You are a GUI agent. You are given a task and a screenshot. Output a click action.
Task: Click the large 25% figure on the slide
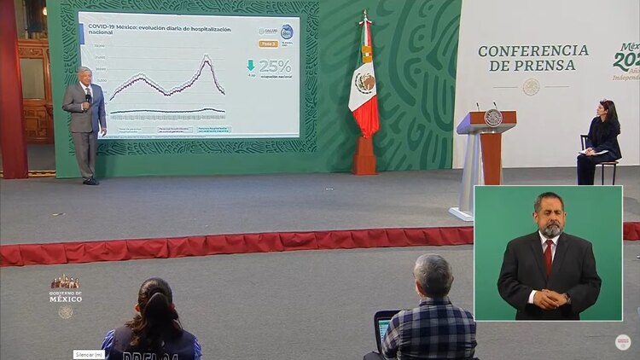pyautogui.click(x=275, y=66)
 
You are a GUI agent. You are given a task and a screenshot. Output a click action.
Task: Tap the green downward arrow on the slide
pyautogui.click(x=250, y=65)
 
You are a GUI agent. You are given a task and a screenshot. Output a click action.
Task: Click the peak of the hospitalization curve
pyautogui.click(x=207, y=57)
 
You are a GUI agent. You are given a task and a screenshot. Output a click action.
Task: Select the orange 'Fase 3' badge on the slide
pyautogui.click(x=267, y=43)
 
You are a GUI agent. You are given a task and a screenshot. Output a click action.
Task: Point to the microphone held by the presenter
pyautogui.click(x=87, y=98)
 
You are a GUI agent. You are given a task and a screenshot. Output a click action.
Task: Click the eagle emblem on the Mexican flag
pyautogui.click(x=365, y=83)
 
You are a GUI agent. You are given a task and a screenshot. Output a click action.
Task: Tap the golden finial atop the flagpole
pyautogui.click(x=365, y=15)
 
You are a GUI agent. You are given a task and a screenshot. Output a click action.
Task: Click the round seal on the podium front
pyautogui.click(x=493, y=118)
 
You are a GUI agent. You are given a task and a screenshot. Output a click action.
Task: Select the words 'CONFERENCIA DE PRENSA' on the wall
pyautogui.click(x=533, y=58)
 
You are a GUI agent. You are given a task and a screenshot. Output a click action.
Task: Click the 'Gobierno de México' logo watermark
pyautogui.click(x=66, y=290)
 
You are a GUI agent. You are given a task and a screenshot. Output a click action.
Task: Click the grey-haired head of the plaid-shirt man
pyautogui.click(x=433, y=275)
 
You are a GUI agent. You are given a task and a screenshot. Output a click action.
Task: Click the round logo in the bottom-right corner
pyautogui.click(x=623, y=341)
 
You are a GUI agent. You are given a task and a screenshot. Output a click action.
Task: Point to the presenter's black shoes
pyautogui.click(x=90, y=181)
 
